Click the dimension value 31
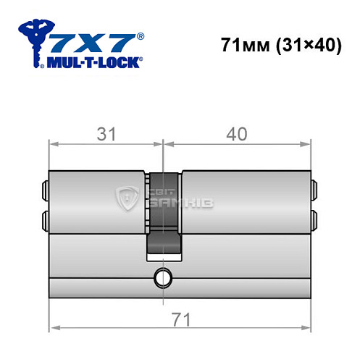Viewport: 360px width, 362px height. click(106, 135)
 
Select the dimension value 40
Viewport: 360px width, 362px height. click(237, 135)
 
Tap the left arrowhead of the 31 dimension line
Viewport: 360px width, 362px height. click(52, 145)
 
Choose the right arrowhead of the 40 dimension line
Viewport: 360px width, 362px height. click(307, 145)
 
